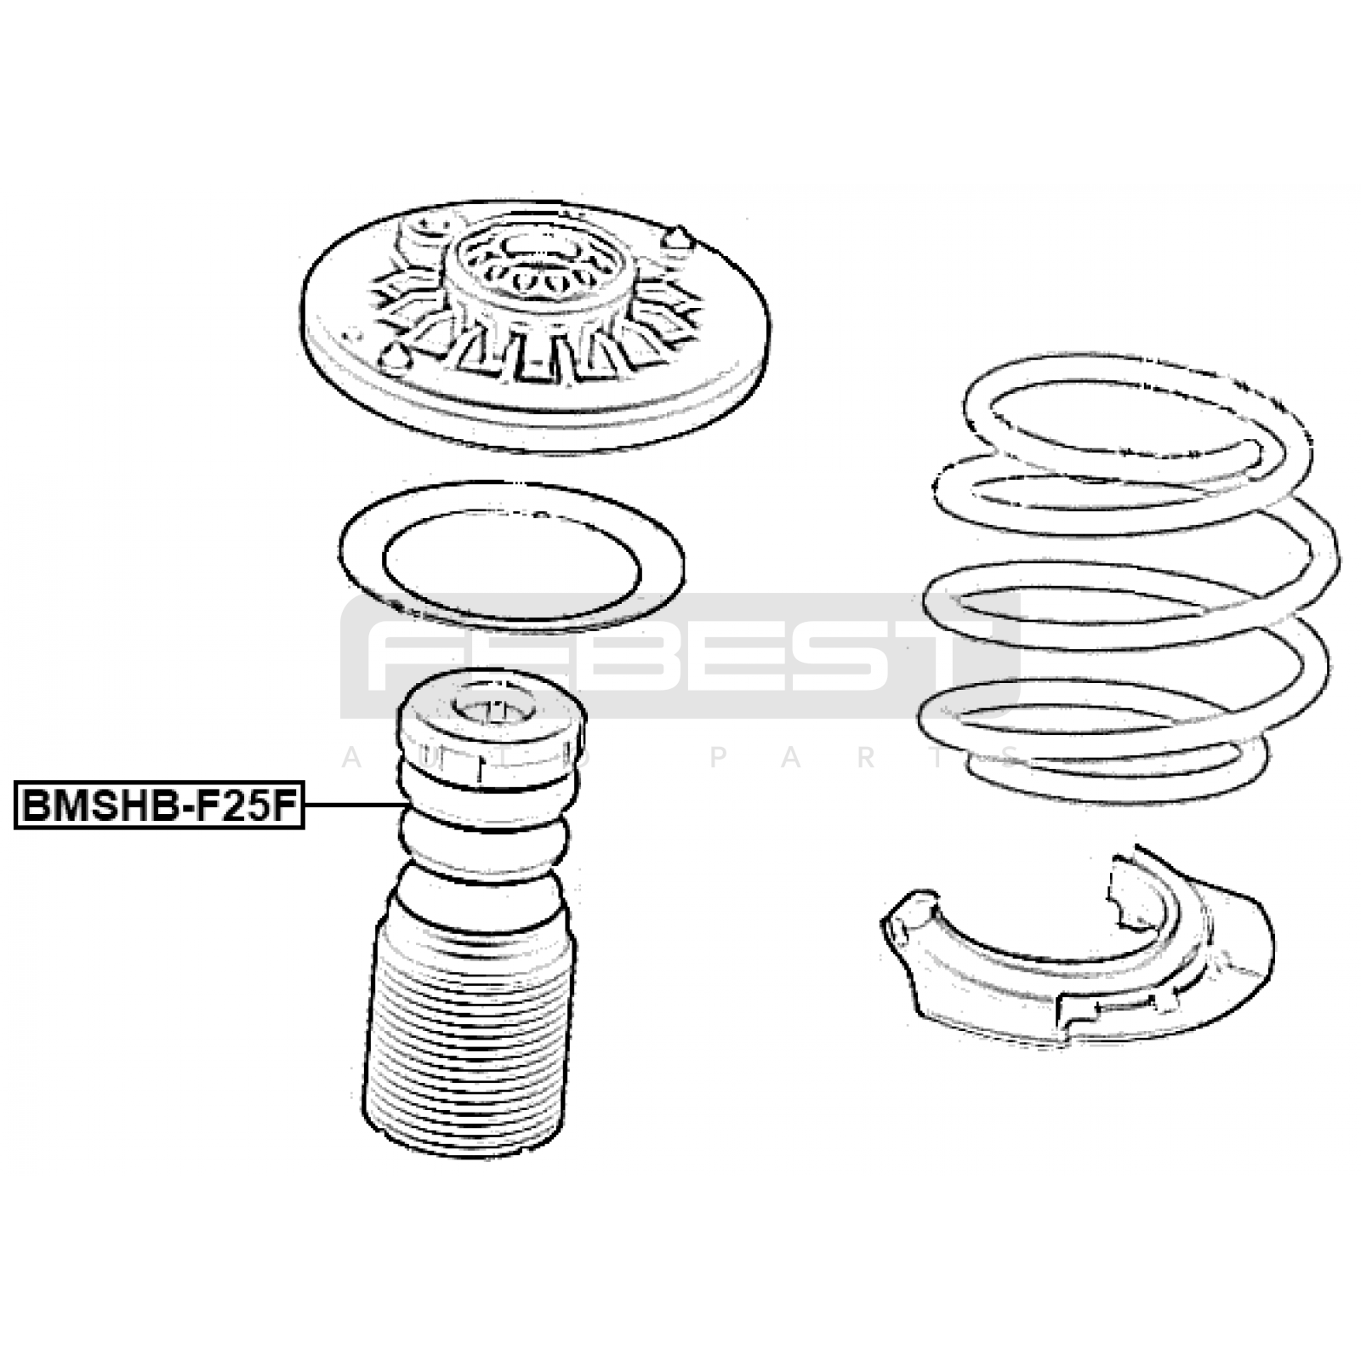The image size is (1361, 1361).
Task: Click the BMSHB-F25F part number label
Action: pyautogui.click(x=159, y=805)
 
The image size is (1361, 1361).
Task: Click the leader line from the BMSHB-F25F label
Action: pyautogui.click(x=354, y=805)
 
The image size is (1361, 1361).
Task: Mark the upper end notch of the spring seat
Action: pyautogui.click(x=1127, y=885)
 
